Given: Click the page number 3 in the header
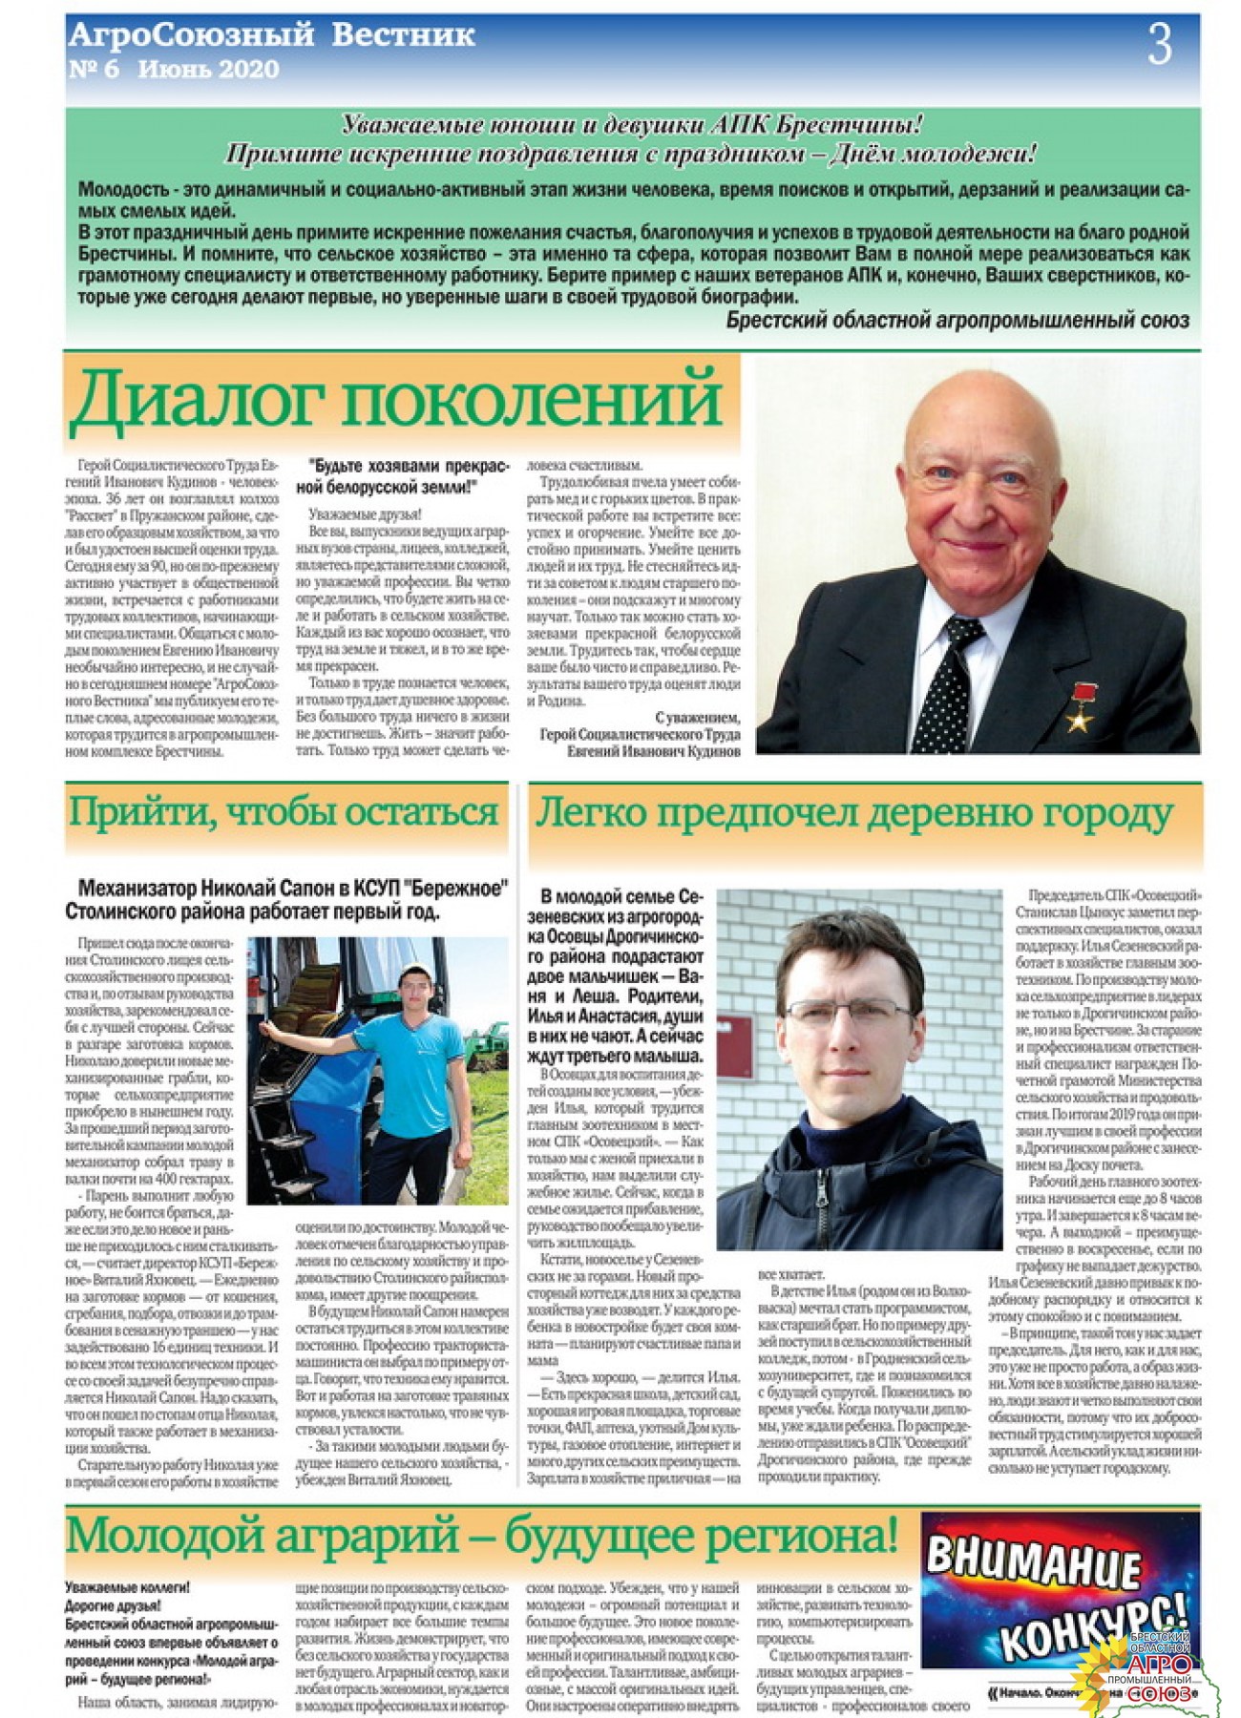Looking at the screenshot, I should (x=1159, y=44).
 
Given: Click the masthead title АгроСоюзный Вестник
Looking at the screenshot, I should (x=272, y=36).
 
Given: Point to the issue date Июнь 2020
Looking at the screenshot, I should (x=208, y=70).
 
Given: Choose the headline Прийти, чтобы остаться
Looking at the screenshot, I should (x=284, y=812).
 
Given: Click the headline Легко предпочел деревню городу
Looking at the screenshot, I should (x=852, y=813).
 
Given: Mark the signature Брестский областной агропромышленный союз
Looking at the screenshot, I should (x=957, y=321).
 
